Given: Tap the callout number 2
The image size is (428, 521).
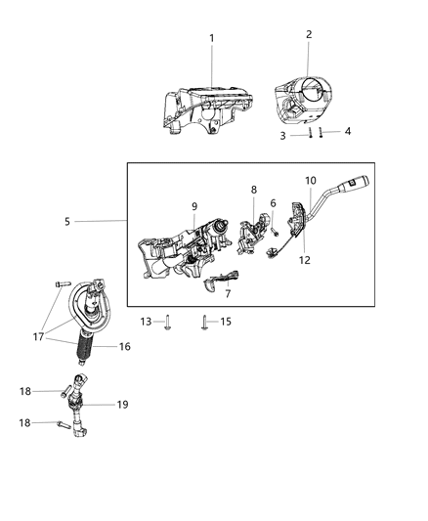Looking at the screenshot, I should coord(309,34).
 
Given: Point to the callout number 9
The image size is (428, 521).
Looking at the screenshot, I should coord(194,206).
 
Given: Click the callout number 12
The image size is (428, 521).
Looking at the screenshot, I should coord(305,260).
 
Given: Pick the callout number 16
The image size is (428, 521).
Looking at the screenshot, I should coord(124,347).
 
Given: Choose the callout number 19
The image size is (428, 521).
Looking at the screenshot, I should coord(123,404).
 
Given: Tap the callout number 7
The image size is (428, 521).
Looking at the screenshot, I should coord(228,293).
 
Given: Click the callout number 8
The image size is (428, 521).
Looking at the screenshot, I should coord(254,191).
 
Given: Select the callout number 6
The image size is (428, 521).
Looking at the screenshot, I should coord(273,202).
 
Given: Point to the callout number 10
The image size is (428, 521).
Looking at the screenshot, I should coord(311,181).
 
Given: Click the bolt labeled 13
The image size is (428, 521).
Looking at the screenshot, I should coord(167,321).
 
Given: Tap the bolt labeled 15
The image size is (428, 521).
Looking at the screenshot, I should coord(203,321).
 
